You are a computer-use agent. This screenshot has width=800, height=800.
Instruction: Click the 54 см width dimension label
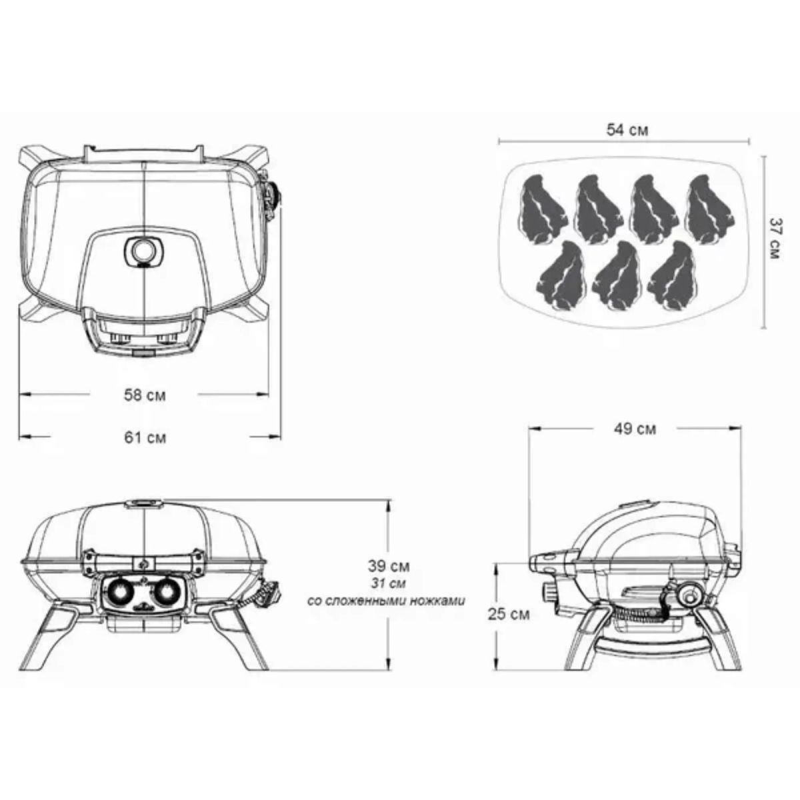tap(627, 131)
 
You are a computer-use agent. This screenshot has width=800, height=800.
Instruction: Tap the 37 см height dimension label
tap(774, 238)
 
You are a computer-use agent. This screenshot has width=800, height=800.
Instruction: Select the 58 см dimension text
tap(145, 395)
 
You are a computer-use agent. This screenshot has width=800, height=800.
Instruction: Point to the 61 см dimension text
tap(145, 437)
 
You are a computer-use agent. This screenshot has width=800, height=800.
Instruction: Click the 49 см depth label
tap(635, 429)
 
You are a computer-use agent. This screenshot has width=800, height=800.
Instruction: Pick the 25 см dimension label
tap(509, 614)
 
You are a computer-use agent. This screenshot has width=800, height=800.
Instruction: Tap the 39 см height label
tap(389, 566)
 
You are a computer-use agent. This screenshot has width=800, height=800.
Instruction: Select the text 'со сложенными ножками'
tap(387, 601)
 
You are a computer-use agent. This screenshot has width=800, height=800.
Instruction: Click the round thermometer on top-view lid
tap(143, 251)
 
